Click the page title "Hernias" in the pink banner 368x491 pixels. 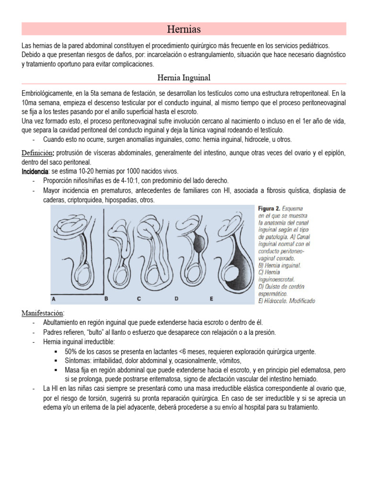click(x=184, y=29)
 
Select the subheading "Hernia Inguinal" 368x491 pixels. click(x=184, y=77)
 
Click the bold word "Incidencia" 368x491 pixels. click(x=34, y=171)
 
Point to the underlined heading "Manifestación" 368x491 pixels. click(x=46, y=313)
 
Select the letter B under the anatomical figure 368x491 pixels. click(x=107, y=298)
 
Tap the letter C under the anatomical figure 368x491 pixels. click(x=138, y=298)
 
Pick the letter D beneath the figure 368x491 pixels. click(x=176, y=298)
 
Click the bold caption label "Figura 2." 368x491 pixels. click(x=269, y=210)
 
